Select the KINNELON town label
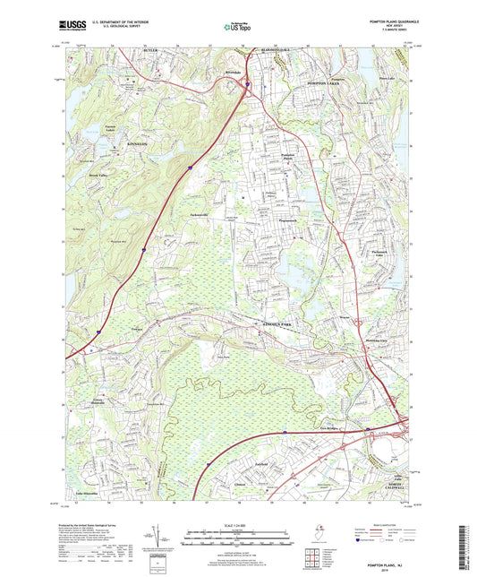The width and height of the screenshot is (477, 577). click(91, 143)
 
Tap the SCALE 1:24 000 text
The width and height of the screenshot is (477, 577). click(238, 525)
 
